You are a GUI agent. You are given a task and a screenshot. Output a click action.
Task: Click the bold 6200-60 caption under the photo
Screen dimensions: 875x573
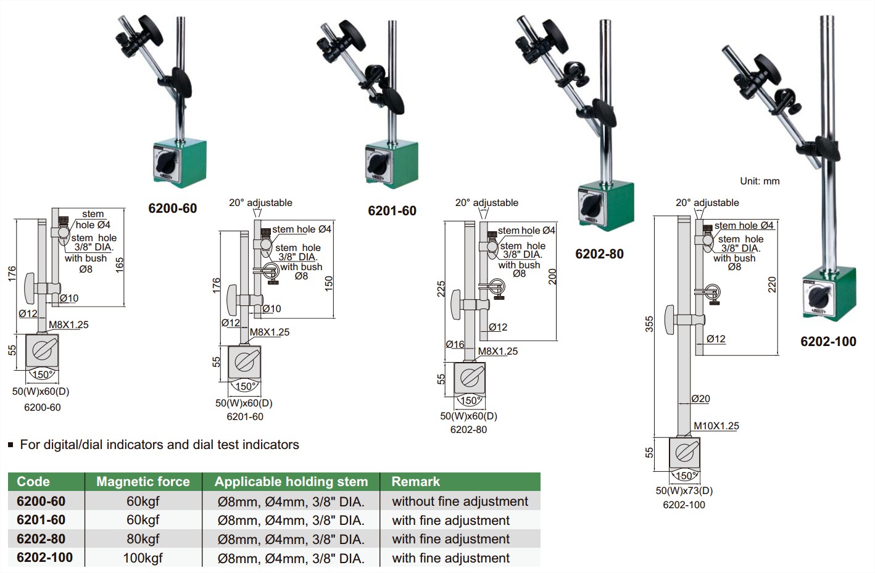tap(173, 208)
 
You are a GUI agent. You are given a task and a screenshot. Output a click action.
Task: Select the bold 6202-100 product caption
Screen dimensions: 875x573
tap(828, 342)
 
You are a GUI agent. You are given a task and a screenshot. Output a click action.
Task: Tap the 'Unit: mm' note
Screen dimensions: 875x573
tap(760, 181)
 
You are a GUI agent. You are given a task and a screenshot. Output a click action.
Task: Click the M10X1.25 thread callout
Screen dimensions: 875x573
tap(716, 426)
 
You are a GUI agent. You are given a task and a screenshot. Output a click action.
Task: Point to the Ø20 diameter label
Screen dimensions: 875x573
tap(700, 399)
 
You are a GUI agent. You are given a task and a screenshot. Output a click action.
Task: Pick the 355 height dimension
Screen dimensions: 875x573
tap(649, 324)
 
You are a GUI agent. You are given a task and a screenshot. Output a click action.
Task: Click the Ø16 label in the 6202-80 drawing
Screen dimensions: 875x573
tap(455, 344)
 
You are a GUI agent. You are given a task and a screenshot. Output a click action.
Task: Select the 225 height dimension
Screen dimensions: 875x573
tap(441, 289)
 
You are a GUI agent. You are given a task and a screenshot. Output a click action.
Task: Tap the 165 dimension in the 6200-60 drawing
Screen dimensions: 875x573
tap(120, 265)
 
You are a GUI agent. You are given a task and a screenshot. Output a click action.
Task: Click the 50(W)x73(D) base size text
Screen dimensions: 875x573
tap(684, 490)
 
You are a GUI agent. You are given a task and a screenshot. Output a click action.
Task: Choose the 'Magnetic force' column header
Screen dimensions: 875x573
tap(143, 482)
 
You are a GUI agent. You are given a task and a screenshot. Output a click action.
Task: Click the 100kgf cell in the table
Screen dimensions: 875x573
tap(143, 558)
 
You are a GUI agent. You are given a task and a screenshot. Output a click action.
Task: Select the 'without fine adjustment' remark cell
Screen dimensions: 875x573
tap(460, 501)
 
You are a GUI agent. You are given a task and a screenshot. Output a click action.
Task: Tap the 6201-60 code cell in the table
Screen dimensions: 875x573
tap(41, 520)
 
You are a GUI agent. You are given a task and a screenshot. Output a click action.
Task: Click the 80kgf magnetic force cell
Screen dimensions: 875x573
tap(143, 539)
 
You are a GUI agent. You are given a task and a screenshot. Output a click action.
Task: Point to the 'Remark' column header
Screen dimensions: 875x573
tap(416, 482)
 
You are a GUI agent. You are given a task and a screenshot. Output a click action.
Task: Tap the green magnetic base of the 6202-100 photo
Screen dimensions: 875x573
tap(829, 294)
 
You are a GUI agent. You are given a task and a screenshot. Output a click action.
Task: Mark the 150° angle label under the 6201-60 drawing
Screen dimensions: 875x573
tap(245, 387)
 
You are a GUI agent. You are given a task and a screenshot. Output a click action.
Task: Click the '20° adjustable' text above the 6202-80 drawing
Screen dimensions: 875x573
tap(487, 202)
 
